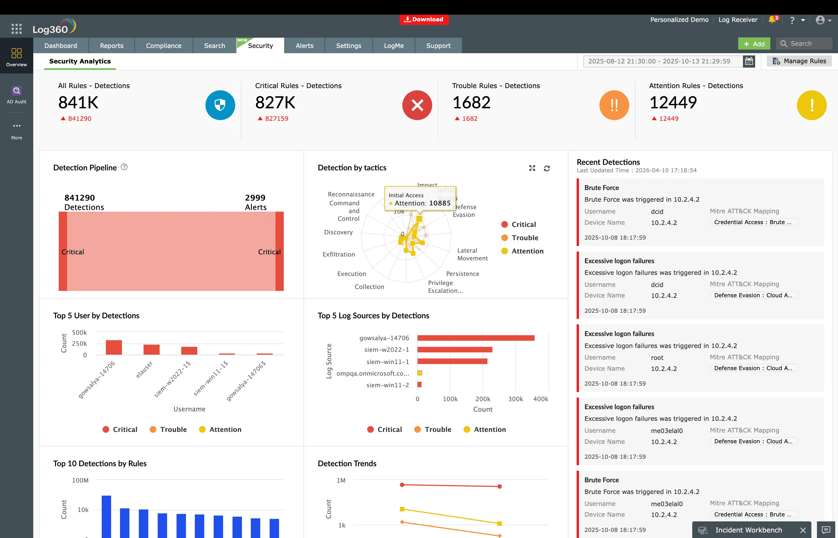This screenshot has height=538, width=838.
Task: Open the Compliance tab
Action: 163,46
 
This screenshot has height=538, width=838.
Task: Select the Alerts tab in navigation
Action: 304,46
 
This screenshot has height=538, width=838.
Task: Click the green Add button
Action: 754,44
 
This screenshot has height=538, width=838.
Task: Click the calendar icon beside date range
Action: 748,61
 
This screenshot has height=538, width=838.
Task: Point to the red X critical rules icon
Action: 417,105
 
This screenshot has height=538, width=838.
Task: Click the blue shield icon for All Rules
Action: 220,105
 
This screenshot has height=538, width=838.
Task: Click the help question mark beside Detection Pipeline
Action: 124,167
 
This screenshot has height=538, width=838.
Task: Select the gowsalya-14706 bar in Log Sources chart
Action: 475,338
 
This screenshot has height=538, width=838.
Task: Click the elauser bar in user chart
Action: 151,349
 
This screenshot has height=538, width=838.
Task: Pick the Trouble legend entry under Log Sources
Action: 433,429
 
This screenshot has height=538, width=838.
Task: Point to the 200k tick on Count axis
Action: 483,399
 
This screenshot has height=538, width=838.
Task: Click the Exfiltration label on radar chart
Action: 338,254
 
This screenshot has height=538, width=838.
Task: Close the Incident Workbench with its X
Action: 803,530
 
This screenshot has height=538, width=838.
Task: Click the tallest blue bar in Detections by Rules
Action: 106,516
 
